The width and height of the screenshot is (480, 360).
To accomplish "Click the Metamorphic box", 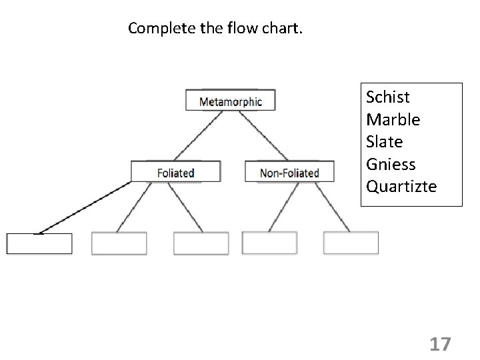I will tap(231, 101).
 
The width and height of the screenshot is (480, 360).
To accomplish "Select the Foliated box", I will tap(175, 173).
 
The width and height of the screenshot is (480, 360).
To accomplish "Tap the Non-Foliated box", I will tap(289, 173).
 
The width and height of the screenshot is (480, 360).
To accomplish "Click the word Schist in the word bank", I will tap(388, 97).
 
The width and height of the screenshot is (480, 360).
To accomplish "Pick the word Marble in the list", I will tap(393, 120).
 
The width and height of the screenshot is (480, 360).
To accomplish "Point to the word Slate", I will tap(385, 142).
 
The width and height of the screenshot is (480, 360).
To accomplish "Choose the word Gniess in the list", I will tap(391, 164).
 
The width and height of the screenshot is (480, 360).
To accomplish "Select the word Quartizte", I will tap(401, 186).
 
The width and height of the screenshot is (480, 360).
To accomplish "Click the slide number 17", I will tap(440, 344).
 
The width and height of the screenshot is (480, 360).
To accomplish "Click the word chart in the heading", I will tap(283, 29).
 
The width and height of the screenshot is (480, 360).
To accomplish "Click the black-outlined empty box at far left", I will tap(39, 244).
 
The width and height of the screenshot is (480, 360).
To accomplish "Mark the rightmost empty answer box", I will tap(351, 243).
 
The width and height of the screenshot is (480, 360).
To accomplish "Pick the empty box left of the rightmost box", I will tap(269, 243).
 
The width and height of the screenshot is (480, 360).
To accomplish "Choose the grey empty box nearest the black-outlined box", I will tap(119, 243).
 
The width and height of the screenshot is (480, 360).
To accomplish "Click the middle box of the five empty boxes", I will tap(201, 243).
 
